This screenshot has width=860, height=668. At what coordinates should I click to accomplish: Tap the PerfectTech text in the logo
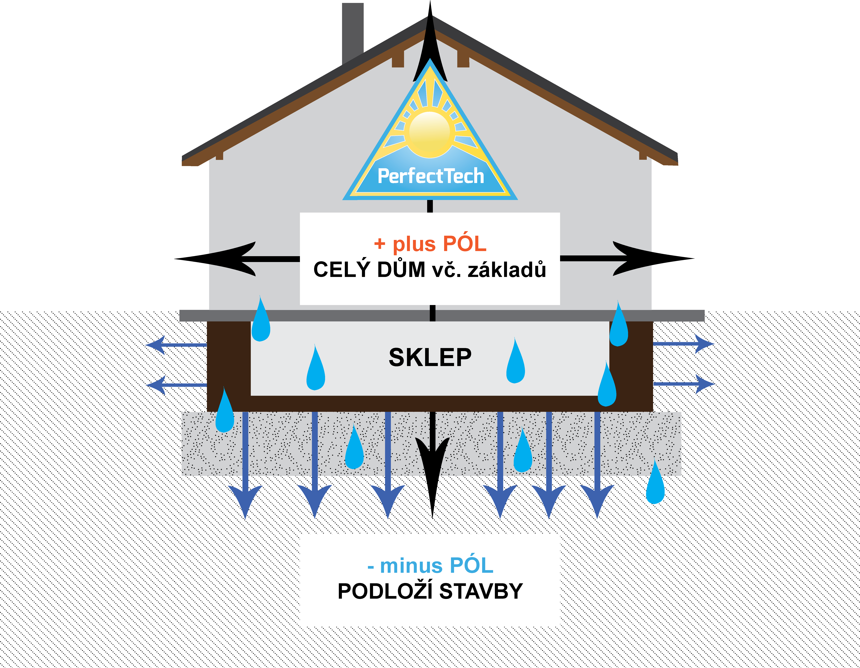(x=430, y=176)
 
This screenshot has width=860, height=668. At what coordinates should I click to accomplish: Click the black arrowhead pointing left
(x=221, y=259)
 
